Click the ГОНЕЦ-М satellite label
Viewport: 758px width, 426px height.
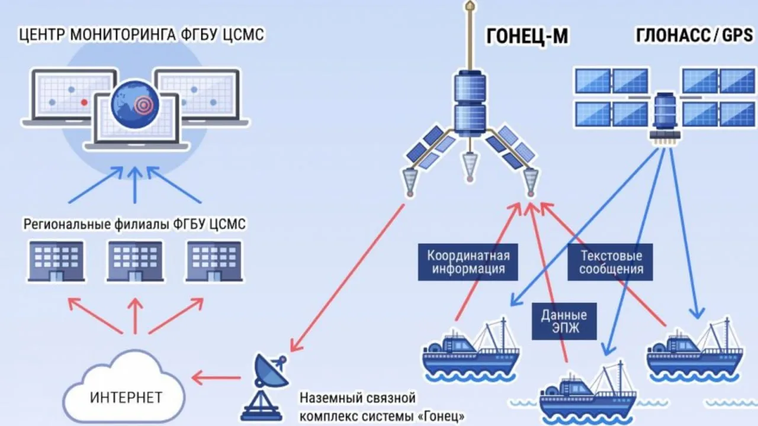[526, 37]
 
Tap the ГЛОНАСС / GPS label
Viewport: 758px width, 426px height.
[694, 37]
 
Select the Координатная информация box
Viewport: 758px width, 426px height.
[468, 263]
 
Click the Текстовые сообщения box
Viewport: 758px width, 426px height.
[611, 263]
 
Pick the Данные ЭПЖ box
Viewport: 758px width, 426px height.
[564, 322]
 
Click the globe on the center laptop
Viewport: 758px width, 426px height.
[136, 105]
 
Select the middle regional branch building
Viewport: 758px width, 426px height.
[134, 260]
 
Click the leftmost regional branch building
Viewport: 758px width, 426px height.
[56, 260]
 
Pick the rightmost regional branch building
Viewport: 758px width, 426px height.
[214, 260]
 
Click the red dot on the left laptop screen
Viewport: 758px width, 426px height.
[84, 102]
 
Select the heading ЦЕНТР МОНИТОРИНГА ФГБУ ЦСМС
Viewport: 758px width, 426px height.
[141, 35]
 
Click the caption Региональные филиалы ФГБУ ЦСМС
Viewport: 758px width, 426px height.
[134, 225]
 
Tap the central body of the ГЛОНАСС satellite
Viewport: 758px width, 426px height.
[664, 112]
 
